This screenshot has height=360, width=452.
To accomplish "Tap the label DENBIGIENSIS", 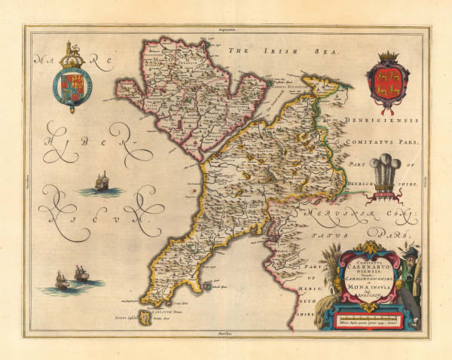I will pyautogui.click(x=377, y=121).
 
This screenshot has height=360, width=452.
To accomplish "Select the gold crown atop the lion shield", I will pyautogui.click(x=386, y=56).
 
